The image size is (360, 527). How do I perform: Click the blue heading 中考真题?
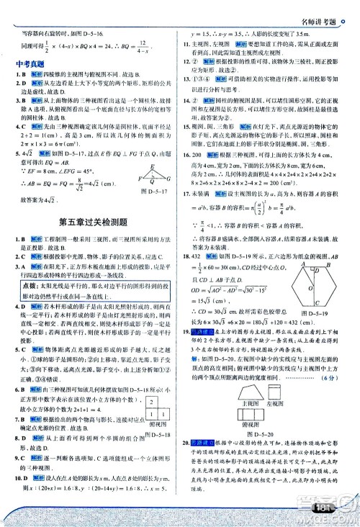click(x=31, y=63)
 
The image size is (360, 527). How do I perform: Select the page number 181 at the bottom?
click(x=323, y=513)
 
